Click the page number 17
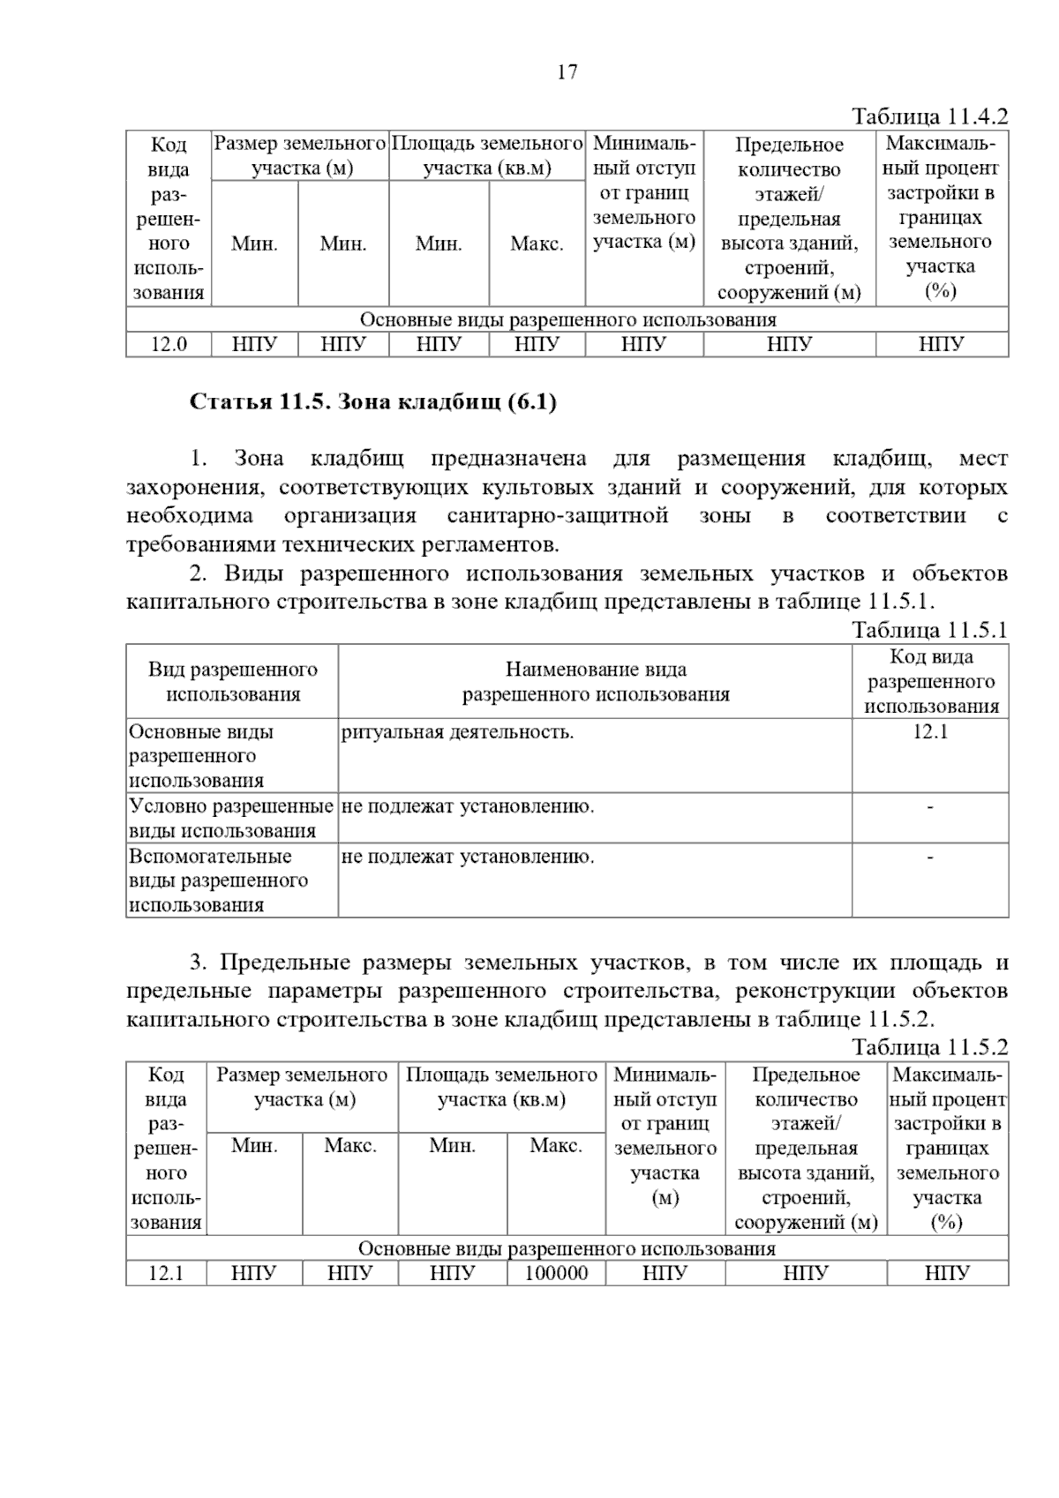click(x=567, y=72)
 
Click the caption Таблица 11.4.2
click(x=929, y=116)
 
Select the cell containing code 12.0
click(x=169, y=344)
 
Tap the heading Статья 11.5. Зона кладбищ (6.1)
click(x=373, y=402)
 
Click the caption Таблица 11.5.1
click(x=929, y=630)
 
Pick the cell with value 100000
click(x=556, y=1273)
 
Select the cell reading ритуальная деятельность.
click(x=457, y=731)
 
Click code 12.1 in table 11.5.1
click(x=930, y=731)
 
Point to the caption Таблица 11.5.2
click(x=929, y=1048)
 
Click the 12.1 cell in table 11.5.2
click(x=166, y=1273)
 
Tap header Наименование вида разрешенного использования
click(x=596, y=682)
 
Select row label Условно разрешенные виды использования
click(x=231, y=818)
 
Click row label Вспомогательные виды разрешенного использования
click(x=219, y=880)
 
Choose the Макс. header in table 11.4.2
click(x=537, y=244)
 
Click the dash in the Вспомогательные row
click(x=930, y=856)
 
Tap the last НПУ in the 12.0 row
click(x=941, y=344)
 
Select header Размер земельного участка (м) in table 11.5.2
click(x=303, y=1087)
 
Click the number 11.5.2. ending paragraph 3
click(x=899, y=1019)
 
